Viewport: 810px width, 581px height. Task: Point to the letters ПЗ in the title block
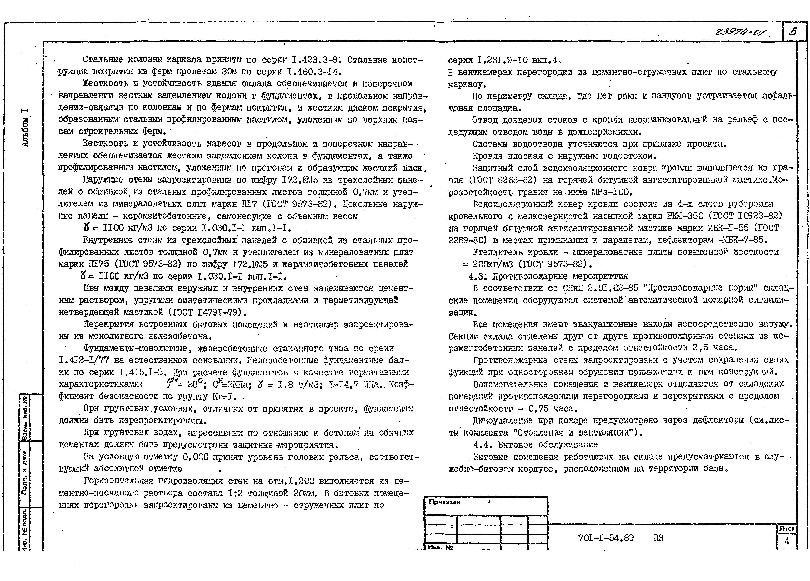pos(658,538)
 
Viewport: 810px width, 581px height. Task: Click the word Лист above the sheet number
pos(786,528)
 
